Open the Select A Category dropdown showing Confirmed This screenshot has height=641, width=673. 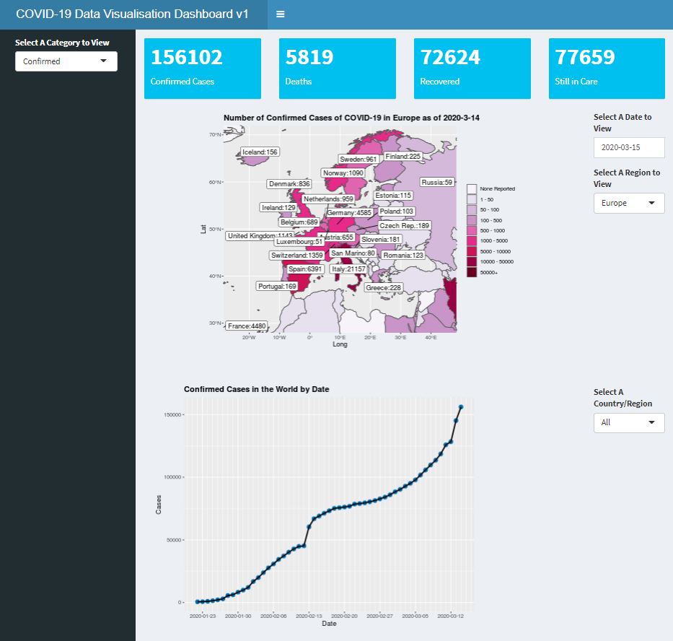pyautogui.click(x=66, y=61)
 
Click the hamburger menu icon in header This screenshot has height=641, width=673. pyautogui.click(x=280, y=14)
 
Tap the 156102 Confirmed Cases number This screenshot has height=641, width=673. pyautogui.click(x=187, y=58)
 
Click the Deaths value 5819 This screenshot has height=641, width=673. pyautogui.click(x=309, y=58)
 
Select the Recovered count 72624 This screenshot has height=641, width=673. pyautogui.click(x=451, y=58)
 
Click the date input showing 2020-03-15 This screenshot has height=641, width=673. pyautogui.click(x=628, y=147)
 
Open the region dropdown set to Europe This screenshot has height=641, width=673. pyautogui.click(x=628, y=204)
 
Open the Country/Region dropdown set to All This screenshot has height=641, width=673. pyautogui.click(x=628, y=422)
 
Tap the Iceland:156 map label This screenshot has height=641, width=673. pyautogui.click(x=260, y=152)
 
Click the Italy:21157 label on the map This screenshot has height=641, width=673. pyautogui.click(x=348, y=269)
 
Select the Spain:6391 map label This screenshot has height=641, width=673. pyautogui.click(x=305, y=269)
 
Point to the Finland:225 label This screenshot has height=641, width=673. pyautogui.click(x=403, y=157)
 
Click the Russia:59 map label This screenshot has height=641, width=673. pyautogui.click(x=437, y=183)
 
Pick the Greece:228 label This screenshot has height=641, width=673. pyautogui.click(x=383, y=288)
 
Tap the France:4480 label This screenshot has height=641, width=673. pyautogui.click(x=247, y=326)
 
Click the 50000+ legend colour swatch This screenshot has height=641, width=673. pyautogui.click(x=472, y=273)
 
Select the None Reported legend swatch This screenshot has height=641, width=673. pyautogui.click(x=472, y=188)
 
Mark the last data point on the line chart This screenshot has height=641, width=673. pyautogui.click(x=461, y=408)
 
